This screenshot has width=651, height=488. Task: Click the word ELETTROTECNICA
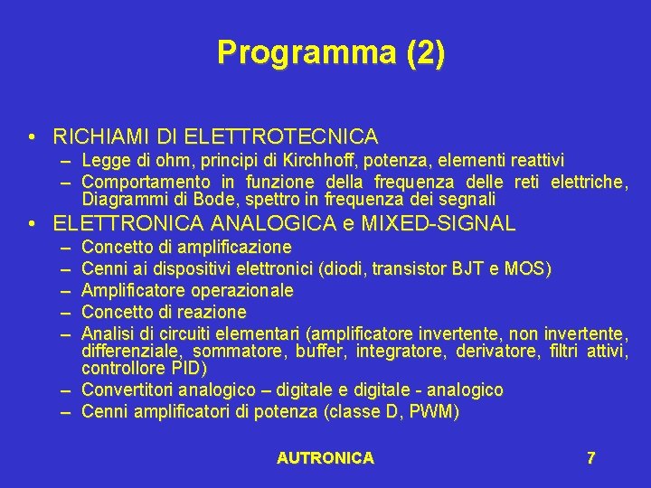click(x=281, y=137)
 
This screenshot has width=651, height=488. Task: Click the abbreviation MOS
click(x=528, y=268)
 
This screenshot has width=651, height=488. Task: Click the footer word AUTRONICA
click(x=325, y=458)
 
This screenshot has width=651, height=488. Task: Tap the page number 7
click(x=590, y=458)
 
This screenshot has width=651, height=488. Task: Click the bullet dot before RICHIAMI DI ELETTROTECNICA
click(x=32, y=138)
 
